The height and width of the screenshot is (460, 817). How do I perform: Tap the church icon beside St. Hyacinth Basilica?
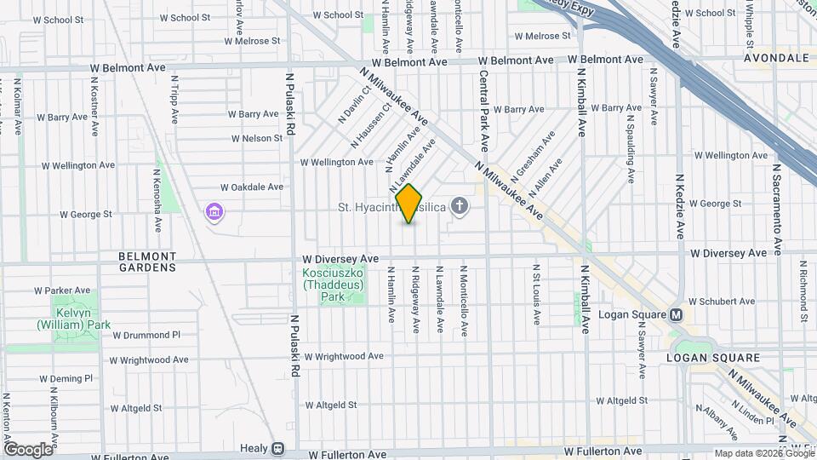tap(460, 205)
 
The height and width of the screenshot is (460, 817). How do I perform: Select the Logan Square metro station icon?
tap(677, 314)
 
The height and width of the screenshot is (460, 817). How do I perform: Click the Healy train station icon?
tap(277, 448)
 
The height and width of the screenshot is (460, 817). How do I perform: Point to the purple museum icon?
tap(213, 211)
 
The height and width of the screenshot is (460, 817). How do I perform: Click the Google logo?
tap(28, 449)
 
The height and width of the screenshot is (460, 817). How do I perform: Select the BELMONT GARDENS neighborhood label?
tap(147, 262)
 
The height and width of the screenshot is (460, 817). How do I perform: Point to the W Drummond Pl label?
tap(146, 335)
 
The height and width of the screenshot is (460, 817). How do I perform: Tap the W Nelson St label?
tap(255, 138)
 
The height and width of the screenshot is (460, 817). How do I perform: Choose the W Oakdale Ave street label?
tap(251, 187)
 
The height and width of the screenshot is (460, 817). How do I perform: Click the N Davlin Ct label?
tap(354, 104)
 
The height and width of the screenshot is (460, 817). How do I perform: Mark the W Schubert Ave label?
tap(723, 302)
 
